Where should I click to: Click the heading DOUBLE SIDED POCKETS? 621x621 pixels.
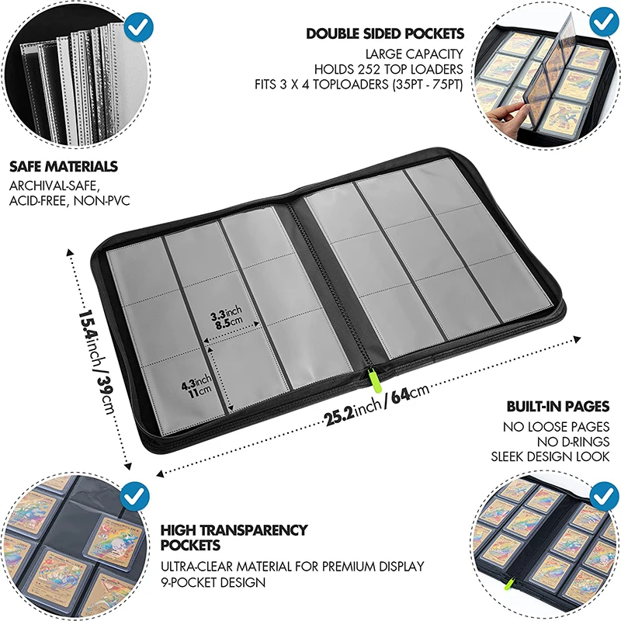[x=385, y=33]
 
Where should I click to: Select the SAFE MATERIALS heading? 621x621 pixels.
[x=64, y=167]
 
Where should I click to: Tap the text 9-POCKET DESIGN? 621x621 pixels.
[x=213, y=582]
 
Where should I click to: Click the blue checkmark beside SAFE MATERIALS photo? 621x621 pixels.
[x=138, y=26]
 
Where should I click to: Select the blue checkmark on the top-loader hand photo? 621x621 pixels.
[x=599, y=21]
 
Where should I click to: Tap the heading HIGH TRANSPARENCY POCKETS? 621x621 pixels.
[x=234, y=538]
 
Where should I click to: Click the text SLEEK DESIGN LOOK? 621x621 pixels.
[x=550, y=456]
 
